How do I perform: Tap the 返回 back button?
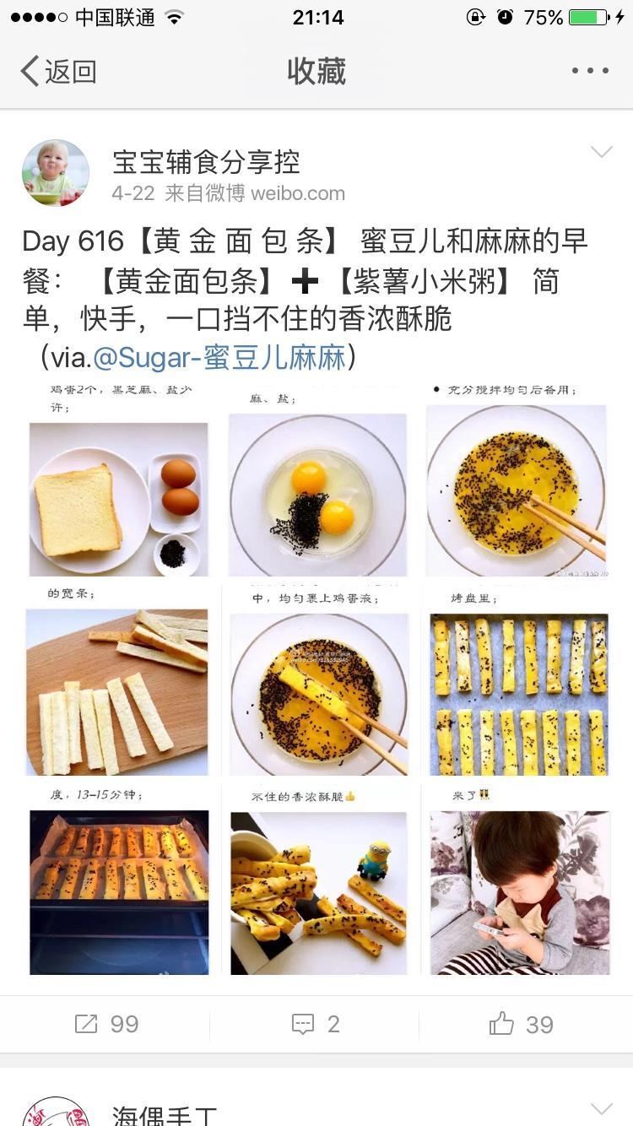(x=58, y=72)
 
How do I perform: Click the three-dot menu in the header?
(x=590, y=71)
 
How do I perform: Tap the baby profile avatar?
(x=56, y=173)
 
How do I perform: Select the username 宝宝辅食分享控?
(x=206, y=161)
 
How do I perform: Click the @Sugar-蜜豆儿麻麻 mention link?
(x=219, y=357)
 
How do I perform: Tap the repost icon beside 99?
(x=86, y=1024)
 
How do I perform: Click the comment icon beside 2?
(x=302, y=1024)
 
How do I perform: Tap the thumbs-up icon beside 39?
(x=501, y=1024)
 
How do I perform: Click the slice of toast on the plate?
(x=77, y=510)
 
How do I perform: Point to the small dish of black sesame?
(x=174, y=554)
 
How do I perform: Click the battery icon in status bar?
(x=588, y=17)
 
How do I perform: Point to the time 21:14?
(x=317, y=17)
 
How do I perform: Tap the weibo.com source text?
(x=298, y=193)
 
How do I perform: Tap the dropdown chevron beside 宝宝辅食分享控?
(x=601, y=152)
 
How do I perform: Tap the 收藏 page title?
(x=316, y=72)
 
